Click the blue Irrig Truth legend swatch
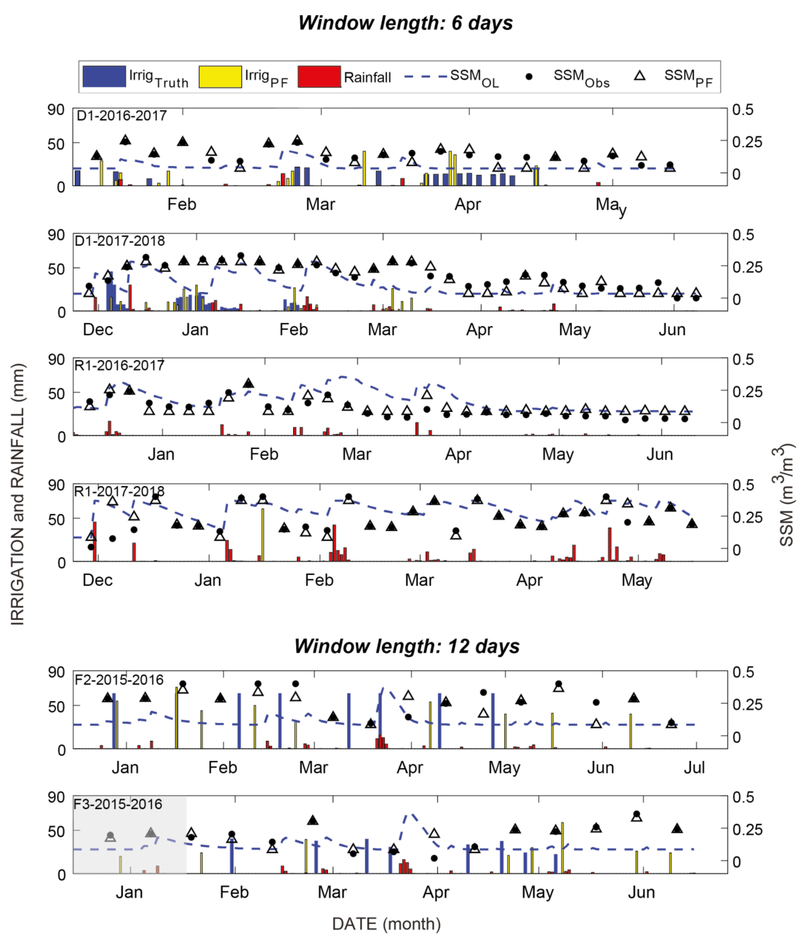tap(104, 76)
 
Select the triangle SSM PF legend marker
tap(640, 76)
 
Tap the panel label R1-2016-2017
tap(119, 365)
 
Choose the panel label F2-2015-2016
tap(119, 680)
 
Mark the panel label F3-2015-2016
tap(118, 804)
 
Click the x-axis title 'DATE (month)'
tap(386, 924)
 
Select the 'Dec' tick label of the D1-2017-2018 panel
tap(98, 329)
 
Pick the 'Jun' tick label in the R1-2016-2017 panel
tap(660, 454)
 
